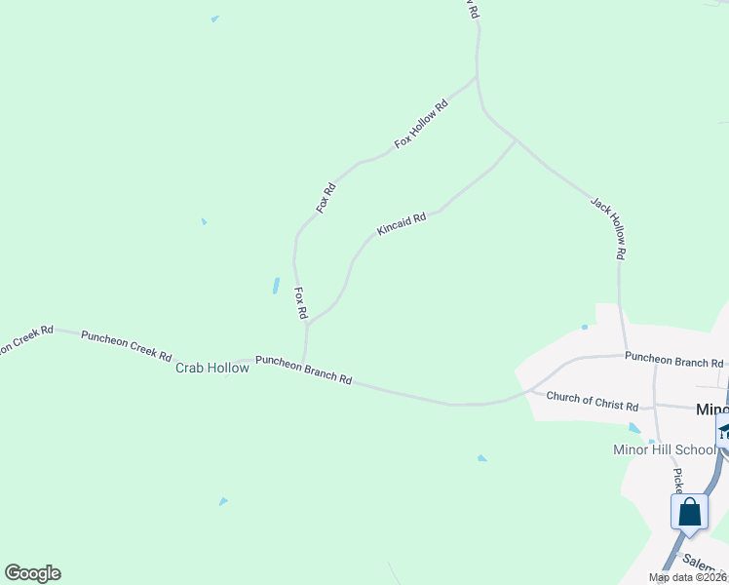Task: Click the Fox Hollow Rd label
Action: tap(421, 124)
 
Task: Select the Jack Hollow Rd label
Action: tap(607, 227)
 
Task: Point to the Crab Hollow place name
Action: tap(212, 368)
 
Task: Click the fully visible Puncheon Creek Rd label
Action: tap(127, 344)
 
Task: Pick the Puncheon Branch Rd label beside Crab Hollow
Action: tap(303, 370)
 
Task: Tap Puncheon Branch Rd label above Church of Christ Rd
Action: tap(673, 361)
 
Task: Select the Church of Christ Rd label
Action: tap(592, 400)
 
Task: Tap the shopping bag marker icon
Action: tap(689, 512)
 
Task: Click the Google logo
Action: tap(32, 573)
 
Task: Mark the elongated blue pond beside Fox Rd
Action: tap(276, 286)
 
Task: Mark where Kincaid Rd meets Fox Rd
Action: tap(308, 323)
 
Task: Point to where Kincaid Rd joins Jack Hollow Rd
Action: tap(516, 140)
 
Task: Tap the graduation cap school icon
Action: tap(724, 432)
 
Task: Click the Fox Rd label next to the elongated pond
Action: tap(301, 304)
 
